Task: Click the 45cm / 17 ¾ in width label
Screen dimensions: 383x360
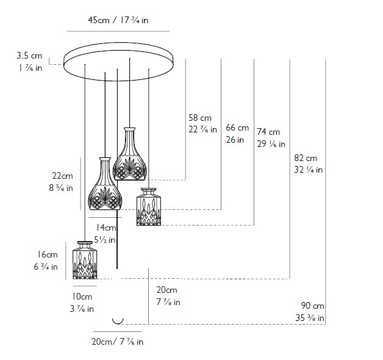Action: [x=118, y=20]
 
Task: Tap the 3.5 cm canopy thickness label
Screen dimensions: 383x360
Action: [x=29, y=56]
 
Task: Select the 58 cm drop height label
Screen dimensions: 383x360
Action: [x=200, y=118]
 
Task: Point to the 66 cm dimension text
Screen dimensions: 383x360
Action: [x=237, y=128]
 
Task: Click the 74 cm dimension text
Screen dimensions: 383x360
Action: [x=268, y=132]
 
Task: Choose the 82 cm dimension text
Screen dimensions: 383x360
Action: [x=306, y=158]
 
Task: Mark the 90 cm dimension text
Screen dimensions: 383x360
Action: [x=312, y=306]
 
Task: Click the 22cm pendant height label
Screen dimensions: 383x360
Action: [x=63, y=176]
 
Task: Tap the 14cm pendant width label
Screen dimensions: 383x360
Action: [x=106, y=228]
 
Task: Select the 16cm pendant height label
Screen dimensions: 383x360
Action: [x=47, y=254]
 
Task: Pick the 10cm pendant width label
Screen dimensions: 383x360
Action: [x=82, y=297]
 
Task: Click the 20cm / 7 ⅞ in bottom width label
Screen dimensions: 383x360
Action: [x=118, y=342]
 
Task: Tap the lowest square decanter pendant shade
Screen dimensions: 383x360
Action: [x=85, y=260]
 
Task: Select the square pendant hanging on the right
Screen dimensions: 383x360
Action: [x=149, y=207]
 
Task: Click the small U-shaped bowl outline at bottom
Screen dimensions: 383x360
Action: [x=118, y=322]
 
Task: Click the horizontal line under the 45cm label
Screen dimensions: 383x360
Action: [x=118, y=31]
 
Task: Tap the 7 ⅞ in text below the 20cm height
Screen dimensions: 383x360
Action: [x=168, y=302]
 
